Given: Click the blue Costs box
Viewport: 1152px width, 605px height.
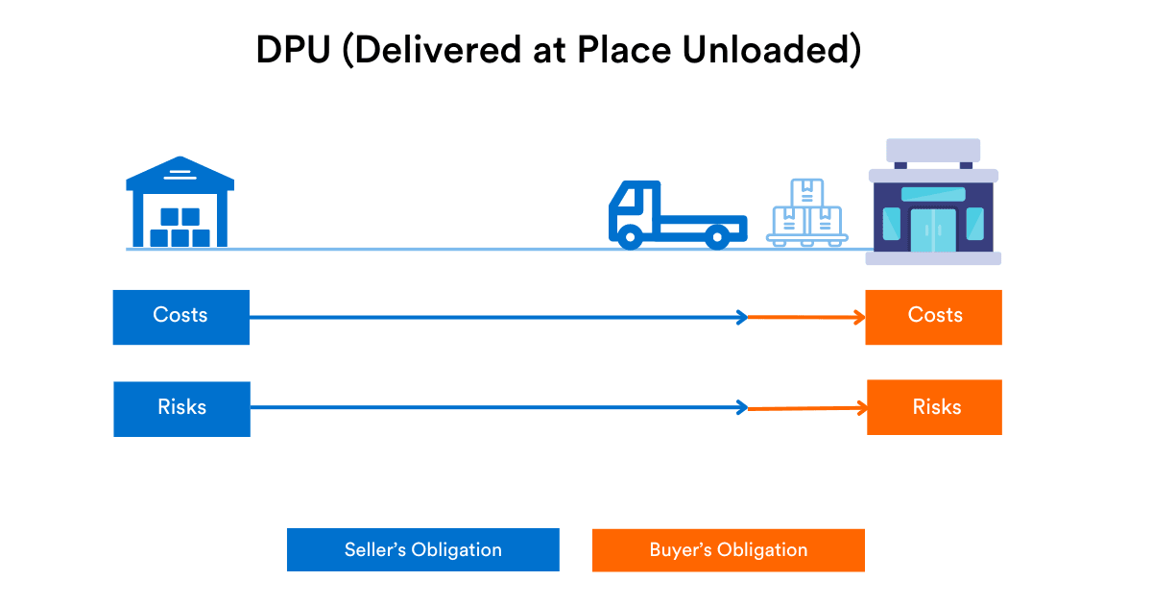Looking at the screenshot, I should point(180,317).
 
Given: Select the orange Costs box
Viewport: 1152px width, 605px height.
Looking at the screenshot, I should point(933,317).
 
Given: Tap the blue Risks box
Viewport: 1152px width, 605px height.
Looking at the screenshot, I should point(181,409).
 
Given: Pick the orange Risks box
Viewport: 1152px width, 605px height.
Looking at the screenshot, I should point(934,407).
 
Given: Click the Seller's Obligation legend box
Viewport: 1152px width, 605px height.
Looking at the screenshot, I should point(422,550).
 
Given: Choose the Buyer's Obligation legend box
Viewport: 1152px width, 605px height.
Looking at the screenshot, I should point(728,550).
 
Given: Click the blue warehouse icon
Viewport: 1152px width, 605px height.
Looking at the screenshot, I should point(180,203).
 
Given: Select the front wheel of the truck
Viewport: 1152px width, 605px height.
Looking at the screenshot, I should point(630,236).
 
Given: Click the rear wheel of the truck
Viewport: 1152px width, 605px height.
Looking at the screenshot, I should point(716,236).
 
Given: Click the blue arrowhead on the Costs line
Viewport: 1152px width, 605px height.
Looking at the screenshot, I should point(742,317).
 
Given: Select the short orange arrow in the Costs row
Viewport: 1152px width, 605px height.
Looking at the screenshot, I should point(806,317).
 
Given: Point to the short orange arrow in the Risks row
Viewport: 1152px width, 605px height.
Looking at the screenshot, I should point(806,409).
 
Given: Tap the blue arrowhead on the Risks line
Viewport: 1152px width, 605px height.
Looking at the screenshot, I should point(742,408).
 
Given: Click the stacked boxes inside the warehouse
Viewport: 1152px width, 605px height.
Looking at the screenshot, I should point(180,228).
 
